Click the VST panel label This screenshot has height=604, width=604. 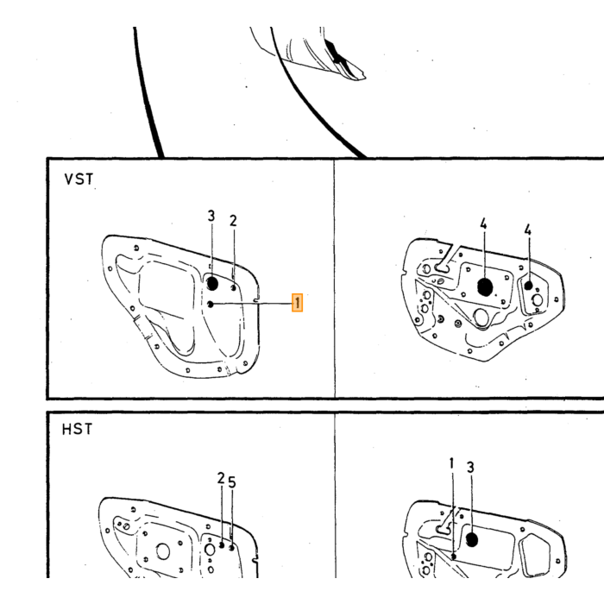click(79, 179)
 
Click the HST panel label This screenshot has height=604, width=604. click(77, 429)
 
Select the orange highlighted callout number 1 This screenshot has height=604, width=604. click(297, 302)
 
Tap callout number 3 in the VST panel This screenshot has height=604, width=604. click(211, 216)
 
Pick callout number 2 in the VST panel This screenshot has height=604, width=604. click(233, 221)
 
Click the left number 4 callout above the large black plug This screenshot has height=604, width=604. click(483, 223)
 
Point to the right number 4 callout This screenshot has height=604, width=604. click(528, 230)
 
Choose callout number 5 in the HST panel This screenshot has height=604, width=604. click(231, 482)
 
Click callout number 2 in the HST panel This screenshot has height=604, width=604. click(221, 478)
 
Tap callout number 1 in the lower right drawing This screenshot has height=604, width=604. click(452, 464)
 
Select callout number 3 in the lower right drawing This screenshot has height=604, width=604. click(470, 468)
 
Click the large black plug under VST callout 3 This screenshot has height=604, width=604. click(212, 284)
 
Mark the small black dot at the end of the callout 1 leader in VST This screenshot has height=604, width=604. click(211, 305)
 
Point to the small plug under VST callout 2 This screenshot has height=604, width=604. click(234, 287)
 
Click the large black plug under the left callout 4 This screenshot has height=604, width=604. click(485, 287)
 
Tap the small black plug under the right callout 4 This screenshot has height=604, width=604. click(528, 286)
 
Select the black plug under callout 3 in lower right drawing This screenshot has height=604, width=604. click(472, 539)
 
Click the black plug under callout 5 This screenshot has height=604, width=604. click(231, 547)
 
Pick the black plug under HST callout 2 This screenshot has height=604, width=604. click(222, 545)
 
